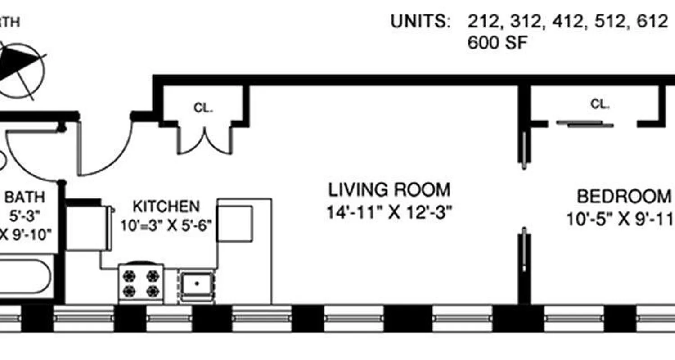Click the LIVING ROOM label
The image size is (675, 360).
(389, 190)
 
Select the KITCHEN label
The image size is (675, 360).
(166, 207)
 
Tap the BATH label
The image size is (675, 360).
(25, 197)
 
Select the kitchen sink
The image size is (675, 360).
(197, 283)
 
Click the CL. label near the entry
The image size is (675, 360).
(203, 108)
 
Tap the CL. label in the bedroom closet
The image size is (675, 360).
(600, 104)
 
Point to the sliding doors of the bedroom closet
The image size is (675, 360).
(585, 124)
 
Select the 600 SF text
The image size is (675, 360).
(497, 43)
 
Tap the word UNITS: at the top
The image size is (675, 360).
(420, 22)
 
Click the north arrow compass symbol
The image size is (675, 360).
(22, 70)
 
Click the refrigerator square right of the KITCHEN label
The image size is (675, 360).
(234, 224)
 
